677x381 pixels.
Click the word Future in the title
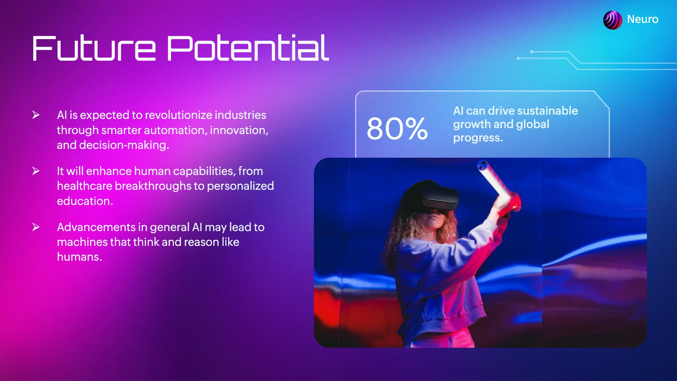coord(94,48)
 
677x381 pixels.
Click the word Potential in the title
coord(248,48)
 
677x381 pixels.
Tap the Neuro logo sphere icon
coord(612,20)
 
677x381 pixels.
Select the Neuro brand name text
coord(643,19)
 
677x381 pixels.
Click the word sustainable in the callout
coord(548,111)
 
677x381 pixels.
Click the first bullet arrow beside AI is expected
coord(36,115)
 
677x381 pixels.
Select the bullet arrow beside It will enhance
coord(36,171)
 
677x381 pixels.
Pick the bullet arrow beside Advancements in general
coord(36,227)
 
